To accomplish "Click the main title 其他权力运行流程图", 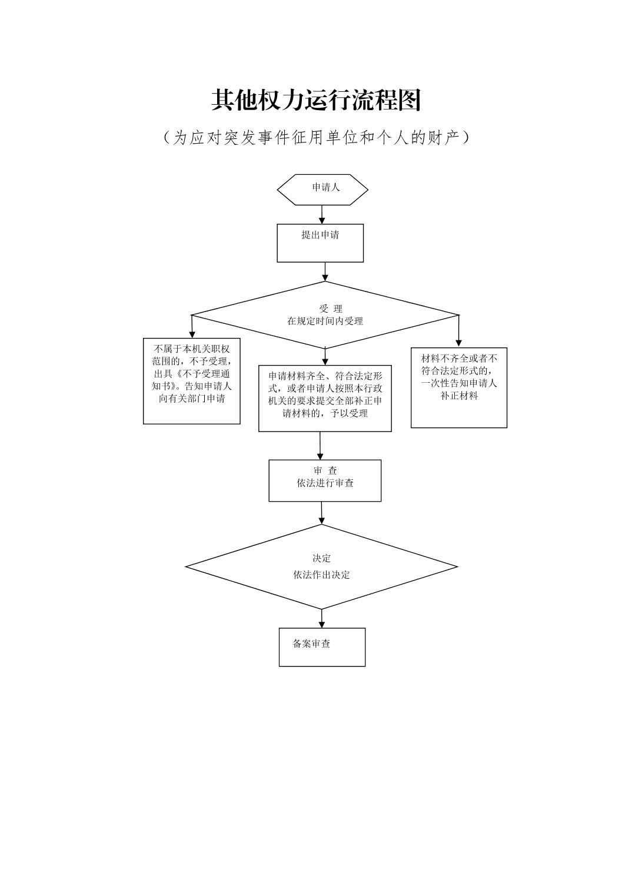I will tap(316, 101).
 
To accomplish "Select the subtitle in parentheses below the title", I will tap(316, 138).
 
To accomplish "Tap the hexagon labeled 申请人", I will tap(322, 189).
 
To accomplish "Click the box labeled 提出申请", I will tap(320, 243).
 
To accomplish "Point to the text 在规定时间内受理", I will tap(325, 321).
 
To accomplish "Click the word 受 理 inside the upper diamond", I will tap(330, 309).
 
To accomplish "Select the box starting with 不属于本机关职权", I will tap(192, 380).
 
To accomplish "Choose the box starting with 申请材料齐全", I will tap(325, 398).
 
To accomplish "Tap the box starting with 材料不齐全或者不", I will tap(459, 387).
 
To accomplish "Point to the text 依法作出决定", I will tap(321, 575).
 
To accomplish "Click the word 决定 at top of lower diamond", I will tap(321, 558).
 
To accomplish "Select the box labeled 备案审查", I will tap(322, 647).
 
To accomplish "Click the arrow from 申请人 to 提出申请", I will tap(322, 214).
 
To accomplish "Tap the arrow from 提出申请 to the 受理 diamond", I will tap(325, 271).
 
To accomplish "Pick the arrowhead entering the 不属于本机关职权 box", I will tap(192, 333).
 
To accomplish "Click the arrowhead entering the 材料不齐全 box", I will tap(459, 343).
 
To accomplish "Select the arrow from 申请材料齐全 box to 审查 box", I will tap(320, 446).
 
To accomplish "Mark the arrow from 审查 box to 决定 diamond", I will tap(322, 513).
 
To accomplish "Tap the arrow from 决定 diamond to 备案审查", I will tap(322, 618).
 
